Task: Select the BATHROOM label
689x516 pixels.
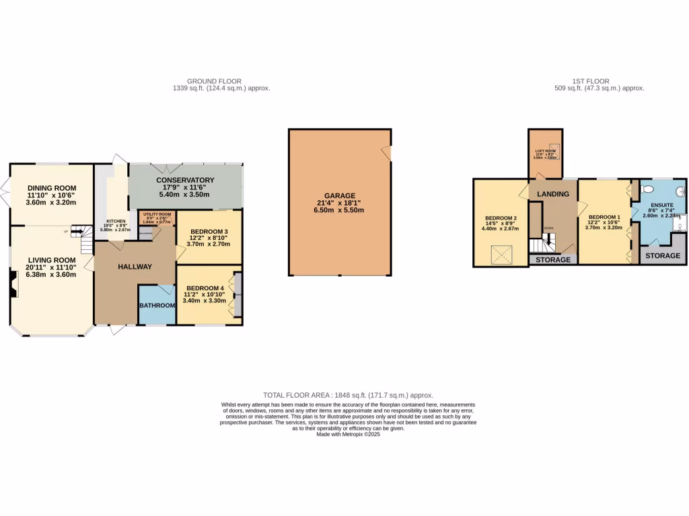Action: pos(157,305)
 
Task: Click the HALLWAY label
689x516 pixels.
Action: pos(135,267)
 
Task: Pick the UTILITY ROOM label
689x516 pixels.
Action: pos(156,214)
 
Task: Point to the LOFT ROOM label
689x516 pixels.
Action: pos(545,151)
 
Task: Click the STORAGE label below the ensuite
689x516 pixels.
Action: pos(663,256)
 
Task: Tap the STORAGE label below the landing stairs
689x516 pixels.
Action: pos(553,259)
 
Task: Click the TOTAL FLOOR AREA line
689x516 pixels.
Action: pos(348,395)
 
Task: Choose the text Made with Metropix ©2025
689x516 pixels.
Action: pos(348,434)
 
